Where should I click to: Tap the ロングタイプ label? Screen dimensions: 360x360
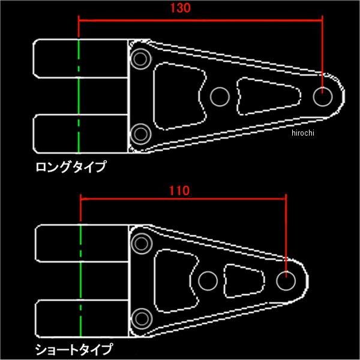point(70,166)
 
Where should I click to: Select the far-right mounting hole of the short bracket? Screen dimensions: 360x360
point(286,280)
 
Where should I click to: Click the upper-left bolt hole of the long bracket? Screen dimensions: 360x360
point(142,59)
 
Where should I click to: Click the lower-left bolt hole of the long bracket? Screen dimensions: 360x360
point(142,133)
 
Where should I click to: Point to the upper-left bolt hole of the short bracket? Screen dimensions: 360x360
point(142,243)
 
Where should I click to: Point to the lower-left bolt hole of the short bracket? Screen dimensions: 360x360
point(142,317)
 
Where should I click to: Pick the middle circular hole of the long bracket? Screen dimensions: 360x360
point(220,95)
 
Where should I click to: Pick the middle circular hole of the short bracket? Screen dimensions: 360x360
point(208,280)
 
